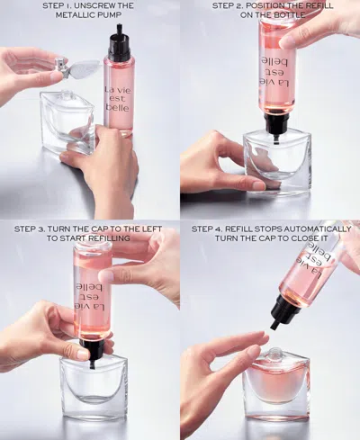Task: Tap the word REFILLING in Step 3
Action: pyautogui.click(x=101, y=239)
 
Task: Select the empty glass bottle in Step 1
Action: pyautogui.click(x=67, y=121)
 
